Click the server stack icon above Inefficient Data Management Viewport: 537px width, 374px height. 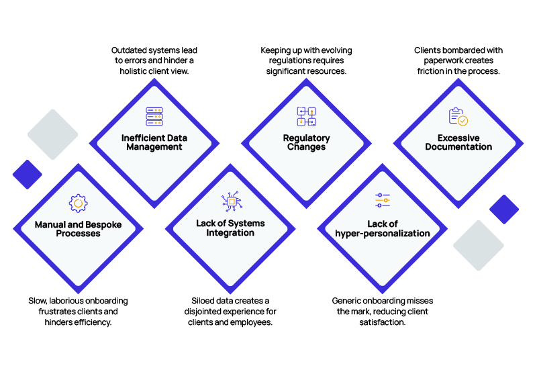point(154,116)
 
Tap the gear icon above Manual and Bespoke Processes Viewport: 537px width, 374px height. point(78,203)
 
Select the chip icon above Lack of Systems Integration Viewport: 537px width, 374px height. point(232,201)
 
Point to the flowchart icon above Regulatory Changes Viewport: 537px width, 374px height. point(307,116)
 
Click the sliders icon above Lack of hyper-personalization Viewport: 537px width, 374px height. point(383,200)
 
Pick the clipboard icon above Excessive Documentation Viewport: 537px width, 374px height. point(458,116)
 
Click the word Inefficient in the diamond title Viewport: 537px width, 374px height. point(140,138)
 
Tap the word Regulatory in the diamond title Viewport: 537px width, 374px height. point(307,138)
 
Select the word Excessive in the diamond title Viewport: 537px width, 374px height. point(458,138)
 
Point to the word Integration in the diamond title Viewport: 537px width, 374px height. point(230,233)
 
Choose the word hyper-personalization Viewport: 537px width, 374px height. point(383,234)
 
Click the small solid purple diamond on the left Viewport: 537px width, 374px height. point(28,175)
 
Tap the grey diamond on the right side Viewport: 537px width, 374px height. point(479,245)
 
